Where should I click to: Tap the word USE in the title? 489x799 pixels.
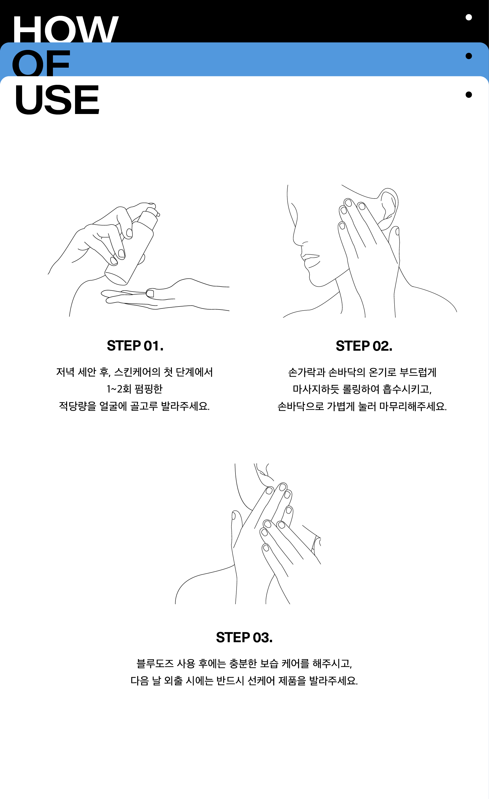pyautogui.click(x=57, y=100)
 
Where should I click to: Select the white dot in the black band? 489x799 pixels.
pyautogui.click(x=469, y=17)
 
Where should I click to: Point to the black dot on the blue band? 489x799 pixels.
pyautogui.click(x=469, y=56)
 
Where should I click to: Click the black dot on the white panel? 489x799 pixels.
pyautogui.click(x=469, y=95)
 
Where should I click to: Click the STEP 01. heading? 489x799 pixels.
pyautogui.click(x=135, y=346)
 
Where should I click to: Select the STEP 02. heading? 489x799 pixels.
pyautogui.click(x=364, y=346)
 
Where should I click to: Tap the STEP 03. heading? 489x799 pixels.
pyautogui.click(x=244, y=638)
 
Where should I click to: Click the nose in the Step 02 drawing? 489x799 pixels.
pyautogui.click(x=297, y=237)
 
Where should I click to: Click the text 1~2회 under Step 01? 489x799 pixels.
pyautogui.click(x=118, y=389)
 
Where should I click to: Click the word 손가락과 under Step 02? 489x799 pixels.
pyautogui.click(x=307, y=372)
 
